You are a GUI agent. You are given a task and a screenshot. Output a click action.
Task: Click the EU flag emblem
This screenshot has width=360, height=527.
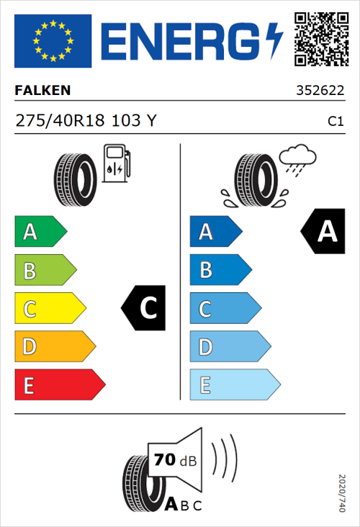click(x=53, y=41)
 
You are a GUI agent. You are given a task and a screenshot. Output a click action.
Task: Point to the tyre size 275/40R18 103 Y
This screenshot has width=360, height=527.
click(x=85, y=121)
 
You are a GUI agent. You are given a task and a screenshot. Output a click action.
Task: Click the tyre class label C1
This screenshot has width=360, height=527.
click(x=335, y=122)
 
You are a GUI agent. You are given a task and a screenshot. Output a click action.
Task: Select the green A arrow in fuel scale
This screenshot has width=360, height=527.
click(x=40, y=232)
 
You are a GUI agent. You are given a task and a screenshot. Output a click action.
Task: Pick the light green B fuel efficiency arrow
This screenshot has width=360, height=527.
click(x=45, y=271)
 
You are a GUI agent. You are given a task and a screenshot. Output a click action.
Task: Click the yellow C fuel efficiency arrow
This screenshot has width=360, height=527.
click(x=49, y=309)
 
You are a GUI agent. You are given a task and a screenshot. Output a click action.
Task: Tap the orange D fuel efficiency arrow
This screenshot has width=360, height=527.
click(x=54, y=347)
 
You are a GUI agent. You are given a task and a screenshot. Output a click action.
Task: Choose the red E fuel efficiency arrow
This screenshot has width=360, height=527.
click(x=59, y=385)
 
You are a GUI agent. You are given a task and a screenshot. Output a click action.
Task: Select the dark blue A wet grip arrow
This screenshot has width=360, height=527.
click(x=215, y=232)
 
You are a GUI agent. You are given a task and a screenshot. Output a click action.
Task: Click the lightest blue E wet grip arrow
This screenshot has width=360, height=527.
click(x=234, y=385)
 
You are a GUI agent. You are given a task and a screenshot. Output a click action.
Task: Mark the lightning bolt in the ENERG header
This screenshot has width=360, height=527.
click(x=274, y=41)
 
